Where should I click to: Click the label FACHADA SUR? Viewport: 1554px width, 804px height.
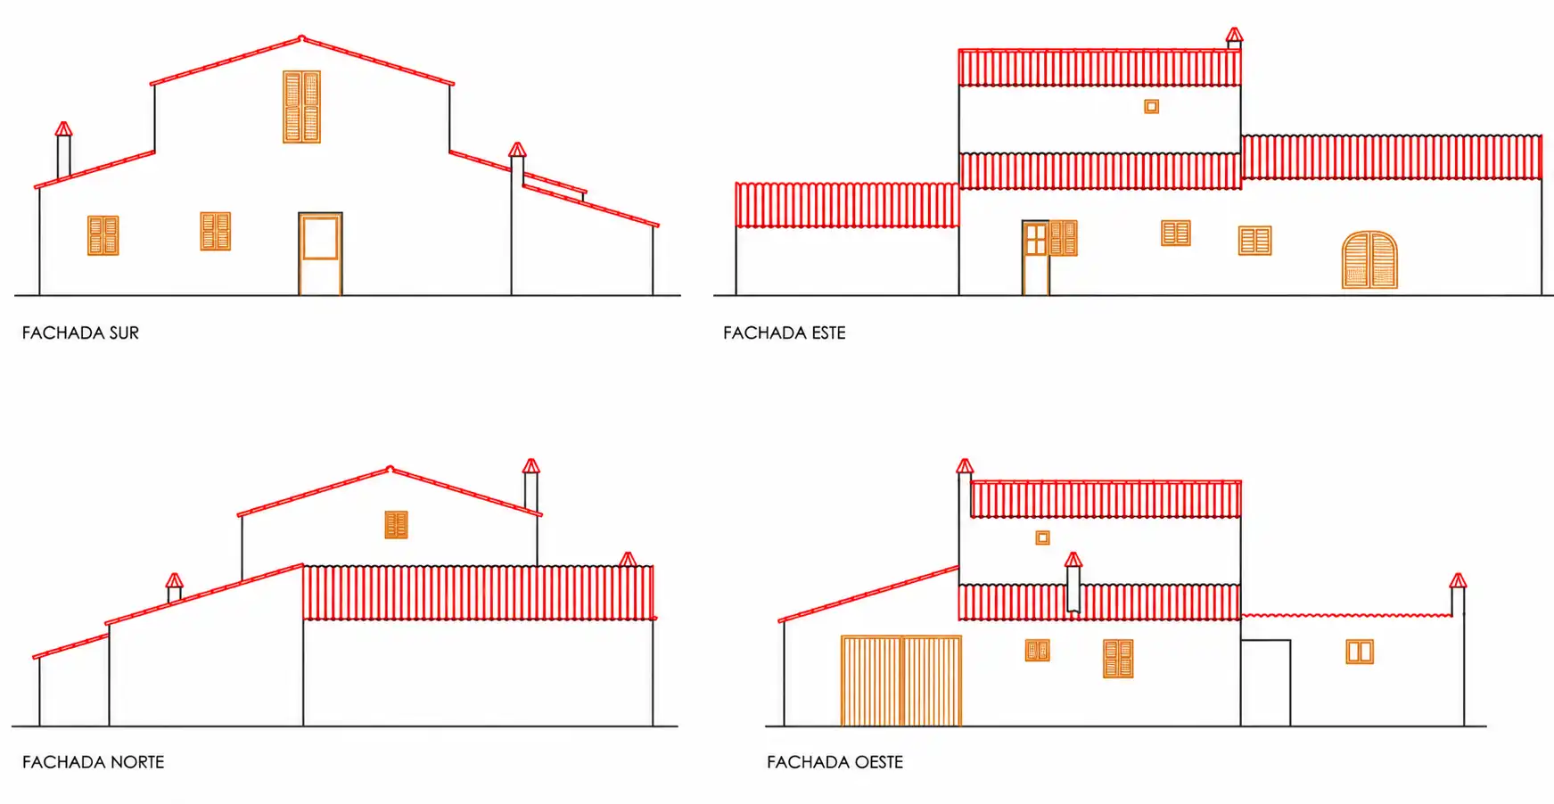(x=80, y=332)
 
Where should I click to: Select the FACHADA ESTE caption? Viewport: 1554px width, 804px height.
(x=784, y=332)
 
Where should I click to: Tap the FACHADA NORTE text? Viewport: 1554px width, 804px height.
(x=93, y=762)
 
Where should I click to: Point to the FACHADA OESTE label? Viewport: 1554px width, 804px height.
(x=835, y=762)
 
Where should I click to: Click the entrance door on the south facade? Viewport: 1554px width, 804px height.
(x=320, y=254)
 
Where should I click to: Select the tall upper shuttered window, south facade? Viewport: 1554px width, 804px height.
(x=301, y=107)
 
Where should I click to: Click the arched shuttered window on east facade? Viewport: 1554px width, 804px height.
(x=1369, y=260)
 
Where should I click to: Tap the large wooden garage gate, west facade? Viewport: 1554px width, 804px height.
(x=901, y=681)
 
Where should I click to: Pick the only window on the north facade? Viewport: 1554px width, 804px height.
(x=396, y=525)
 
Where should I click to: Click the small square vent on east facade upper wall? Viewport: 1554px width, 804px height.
(x=1152, y=107)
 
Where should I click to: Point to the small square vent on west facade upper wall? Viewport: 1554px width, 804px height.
(x=1042, y=537)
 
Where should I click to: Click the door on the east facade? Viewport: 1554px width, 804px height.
(x=1035, y=258)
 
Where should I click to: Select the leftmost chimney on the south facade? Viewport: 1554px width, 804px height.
(x=63, y=151)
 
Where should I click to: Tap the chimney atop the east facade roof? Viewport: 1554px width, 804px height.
(x=1234, y=38)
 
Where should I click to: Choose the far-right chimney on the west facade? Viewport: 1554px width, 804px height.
(x=1458, y=595)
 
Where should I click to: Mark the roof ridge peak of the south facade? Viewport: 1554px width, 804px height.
(x=301, y=38)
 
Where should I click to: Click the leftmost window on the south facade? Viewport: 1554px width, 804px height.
(x=103, y=235)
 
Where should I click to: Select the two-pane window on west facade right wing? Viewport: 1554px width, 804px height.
(x=1360, y=652)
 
